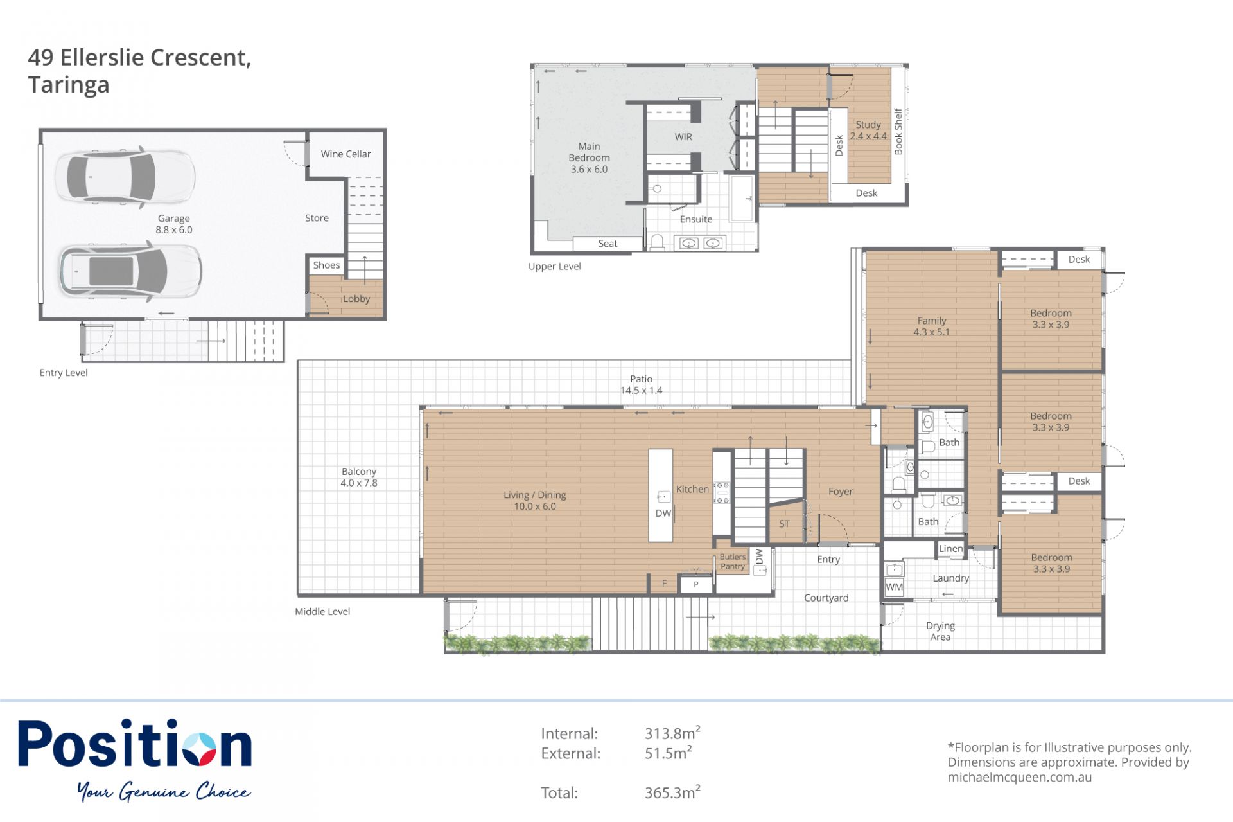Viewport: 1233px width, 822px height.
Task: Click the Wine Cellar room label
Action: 345,154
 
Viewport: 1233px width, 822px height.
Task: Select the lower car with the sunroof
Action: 130,271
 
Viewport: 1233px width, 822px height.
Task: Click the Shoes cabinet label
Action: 326,265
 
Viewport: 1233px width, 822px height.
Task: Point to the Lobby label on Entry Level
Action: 356,299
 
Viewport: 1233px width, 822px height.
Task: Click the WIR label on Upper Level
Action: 683,137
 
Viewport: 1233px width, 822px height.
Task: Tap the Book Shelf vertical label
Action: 898,131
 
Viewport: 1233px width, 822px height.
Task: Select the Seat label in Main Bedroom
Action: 608,244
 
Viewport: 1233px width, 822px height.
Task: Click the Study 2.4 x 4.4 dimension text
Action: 868,136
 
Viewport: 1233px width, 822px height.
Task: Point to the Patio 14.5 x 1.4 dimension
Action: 641,390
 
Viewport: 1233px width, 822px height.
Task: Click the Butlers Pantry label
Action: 733,562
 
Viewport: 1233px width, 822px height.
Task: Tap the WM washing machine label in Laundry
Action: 894,587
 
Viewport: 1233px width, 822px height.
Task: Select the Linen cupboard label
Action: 951,549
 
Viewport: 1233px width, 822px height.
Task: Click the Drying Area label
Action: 940,631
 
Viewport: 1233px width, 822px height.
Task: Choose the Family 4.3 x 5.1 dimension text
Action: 931,332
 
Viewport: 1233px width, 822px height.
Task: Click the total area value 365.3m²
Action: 672,792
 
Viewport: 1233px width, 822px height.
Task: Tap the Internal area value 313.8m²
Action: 672,733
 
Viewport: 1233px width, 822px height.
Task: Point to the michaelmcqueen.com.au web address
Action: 1020,777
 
